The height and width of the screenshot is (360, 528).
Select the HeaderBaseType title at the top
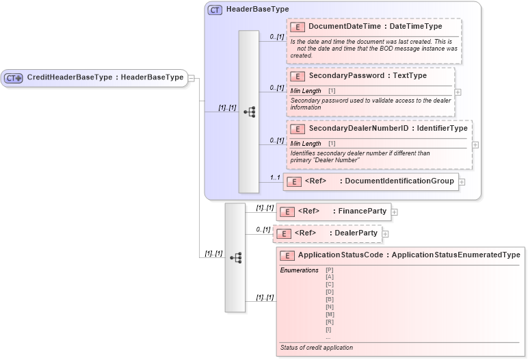257,10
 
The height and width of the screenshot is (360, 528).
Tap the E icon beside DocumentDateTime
298,27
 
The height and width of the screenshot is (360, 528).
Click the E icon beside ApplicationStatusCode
287,255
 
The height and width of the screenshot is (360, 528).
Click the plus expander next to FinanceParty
395,212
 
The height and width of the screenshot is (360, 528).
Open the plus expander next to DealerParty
386,234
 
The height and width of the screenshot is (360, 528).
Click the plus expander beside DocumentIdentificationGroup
462,182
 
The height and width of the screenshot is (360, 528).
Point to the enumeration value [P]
330,270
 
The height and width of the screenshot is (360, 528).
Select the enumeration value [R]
330,322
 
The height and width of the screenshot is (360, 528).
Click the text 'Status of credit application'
316,348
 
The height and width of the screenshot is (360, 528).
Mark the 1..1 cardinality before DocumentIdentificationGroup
276,177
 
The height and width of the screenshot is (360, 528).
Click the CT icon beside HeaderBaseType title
215,10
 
